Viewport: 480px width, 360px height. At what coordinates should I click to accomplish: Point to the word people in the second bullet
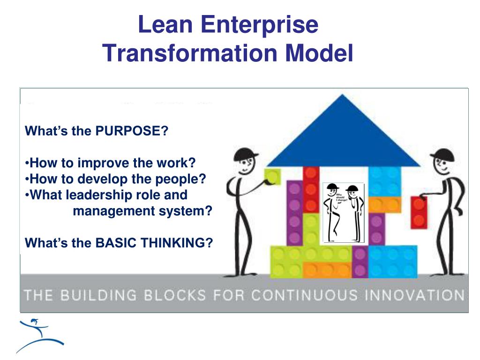[181, 179]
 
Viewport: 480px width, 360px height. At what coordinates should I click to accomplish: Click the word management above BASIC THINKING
[112, 211]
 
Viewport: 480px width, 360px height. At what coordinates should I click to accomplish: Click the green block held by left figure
[272, 177]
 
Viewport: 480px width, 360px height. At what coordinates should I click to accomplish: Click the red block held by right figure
[419, 212]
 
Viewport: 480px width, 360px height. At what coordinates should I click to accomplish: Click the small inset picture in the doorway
[343, 212]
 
